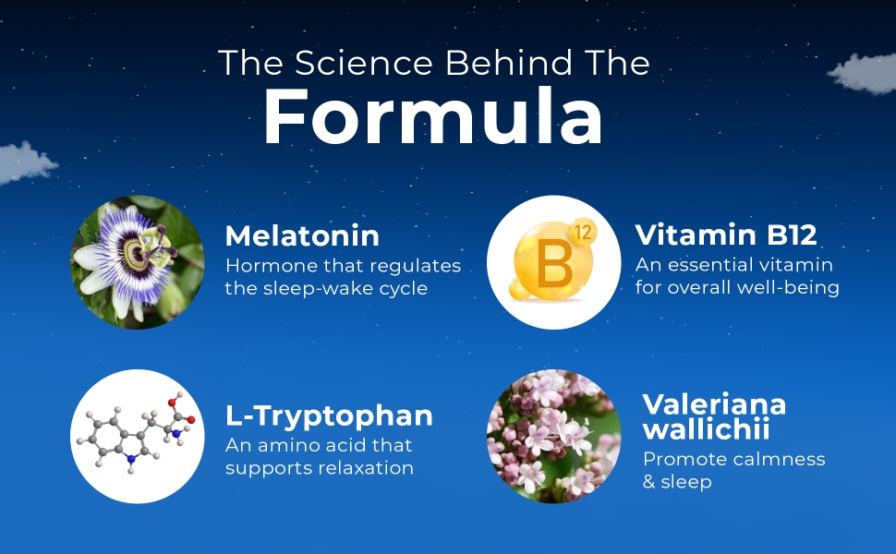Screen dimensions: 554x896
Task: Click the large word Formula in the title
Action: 432,118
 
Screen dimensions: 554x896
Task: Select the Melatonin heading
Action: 302,235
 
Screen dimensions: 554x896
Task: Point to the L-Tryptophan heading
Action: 329,415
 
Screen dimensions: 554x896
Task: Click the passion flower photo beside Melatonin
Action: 138,262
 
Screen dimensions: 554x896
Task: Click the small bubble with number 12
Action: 583,232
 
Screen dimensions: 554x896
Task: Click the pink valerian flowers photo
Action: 553,437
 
